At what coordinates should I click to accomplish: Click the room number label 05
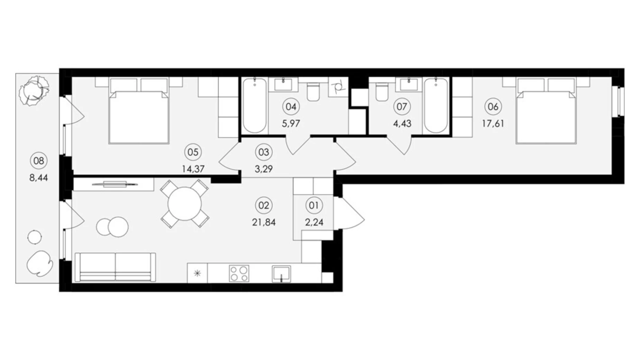[193, 152]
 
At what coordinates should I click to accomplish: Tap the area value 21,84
[264, 222]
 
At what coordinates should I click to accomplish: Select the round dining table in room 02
[184, 204]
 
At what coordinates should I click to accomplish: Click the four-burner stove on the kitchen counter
[239, 273]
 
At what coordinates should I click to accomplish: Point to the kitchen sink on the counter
[281, 274]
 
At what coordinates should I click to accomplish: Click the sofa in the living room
[115, 267]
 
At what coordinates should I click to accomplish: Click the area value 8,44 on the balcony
[39, 178]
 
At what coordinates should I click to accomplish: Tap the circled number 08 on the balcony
[39, 161]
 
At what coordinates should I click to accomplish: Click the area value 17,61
[493, 124]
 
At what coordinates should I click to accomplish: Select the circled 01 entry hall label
[314, 206]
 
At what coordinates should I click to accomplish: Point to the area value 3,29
[264, 169]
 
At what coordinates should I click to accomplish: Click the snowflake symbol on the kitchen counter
[197, 273]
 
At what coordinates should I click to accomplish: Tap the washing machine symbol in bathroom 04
[338, 87]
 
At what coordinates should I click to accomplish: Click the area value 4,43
[402, 124]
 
